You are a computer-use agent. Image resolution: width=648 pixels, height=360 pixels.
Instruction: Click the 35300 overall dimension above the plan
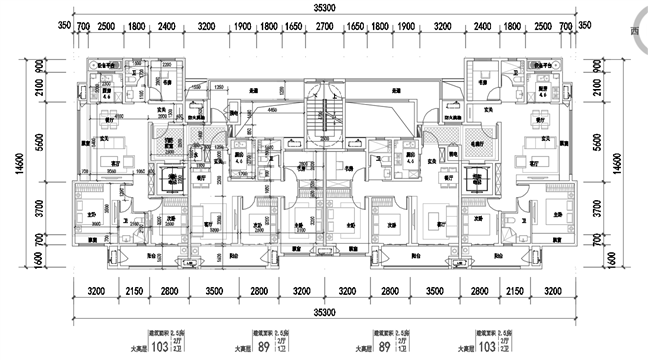pos(324,7)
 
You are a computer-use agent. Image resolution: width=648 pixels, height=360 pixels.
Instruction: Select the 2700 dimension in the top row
pos(324,27)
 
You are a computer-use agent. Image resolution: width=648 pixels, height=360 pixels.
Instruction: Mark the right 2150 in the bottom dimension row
pos(508,292)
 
